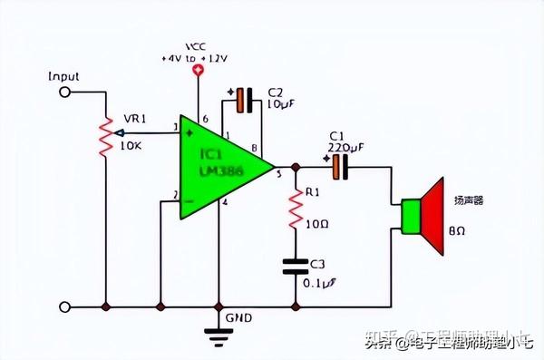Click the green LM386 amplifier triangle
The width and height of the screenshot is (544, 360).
point(218,167)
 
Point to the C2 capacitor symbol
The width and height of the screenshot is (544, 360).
point(240,101)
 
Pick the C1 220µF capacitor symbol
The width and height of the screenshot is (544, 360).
point(339,167)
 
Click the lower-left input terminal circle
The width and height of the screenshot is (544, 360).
point(64,307)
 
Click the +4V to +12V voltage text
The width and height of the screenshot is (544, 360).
point(195,57)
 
